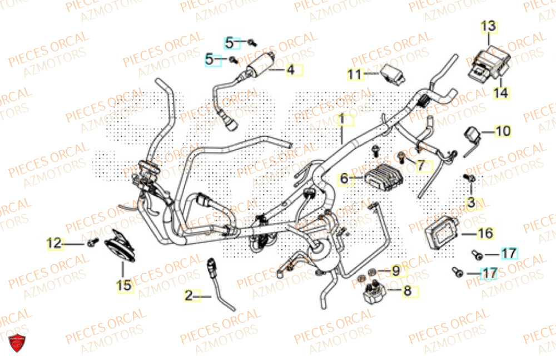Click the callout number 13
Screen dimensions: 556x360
pyautogui.click(x=488, y=26)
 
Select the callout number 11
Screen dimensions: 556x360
pyautogui.click(x=355, y=74)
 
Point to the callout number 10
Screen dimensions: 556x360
pyautogui.click(x=502, y=131)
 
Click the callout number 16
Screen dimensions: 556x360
pyautogui.click(x=485, y=234)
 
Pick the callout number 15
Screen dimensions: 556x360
pyautogui.click(x=125, y=285)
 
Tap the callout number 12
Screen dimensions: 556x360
pyautogui.click(x=53, y=243)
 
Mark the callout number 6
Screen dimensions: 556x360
pyautogui.click(x=344, y=179)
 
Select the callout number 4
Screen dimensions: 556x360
pyautogui.click(x=290, y=70)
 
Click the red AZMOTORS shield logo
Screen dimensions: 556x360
pyautogui.click(x=19, y=345)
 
